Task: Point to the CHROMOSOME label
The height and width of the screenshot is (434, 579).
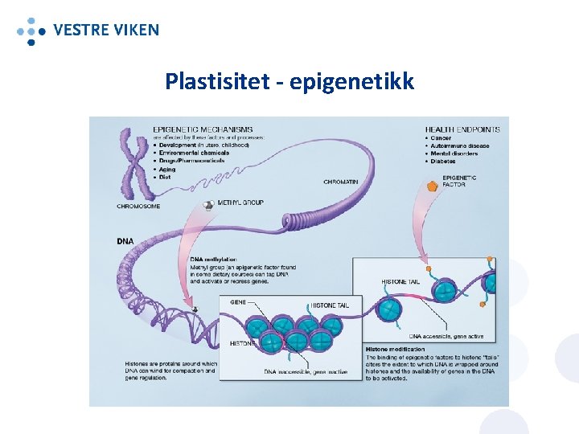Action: click(138, 206)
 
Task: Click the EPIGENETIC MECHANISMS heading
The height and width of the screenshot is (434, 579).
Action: click(203, 129)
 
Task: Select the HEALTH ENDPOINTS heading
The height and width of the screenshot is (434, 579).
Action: click(462, 129)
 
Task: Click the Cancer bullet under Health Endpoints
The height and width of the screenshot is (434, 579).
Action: click(443, 138)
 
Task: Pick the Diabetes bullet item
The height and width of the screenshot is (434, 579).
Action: click(443, 162)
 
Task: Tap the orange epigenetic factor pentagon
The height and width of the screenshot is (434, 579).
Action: click(433, 185)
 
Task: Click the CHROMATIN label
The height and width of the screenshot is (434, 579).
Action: click(340, 182)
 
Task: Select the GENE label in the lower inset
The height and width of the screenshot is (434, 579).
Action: click(239, 302)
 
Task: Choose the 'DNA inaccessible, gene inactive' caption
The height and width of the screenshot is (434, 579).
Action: click(306, 371)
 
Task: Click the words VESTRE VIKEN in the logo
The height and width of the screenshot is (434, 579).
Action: click(105, 31)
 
